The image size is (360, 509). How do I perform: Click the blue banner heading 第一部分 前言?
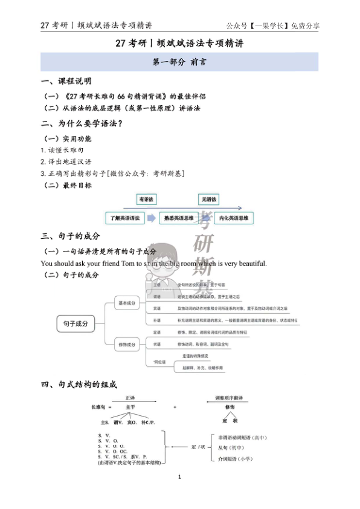[179, 62]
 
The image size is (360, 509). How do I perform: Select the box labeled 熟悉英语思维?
[180, 218]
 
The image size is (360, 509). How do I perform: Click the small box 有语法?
[146, 199]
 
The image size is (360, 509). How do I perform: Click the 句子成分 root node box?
[76, 324]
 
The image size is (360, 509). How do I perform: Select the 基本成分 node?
[127, 302]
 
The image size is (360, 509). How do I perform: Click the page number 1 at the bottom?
[180, 477]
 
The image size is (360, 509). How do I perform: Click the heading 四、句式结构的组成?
[79, 384]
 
